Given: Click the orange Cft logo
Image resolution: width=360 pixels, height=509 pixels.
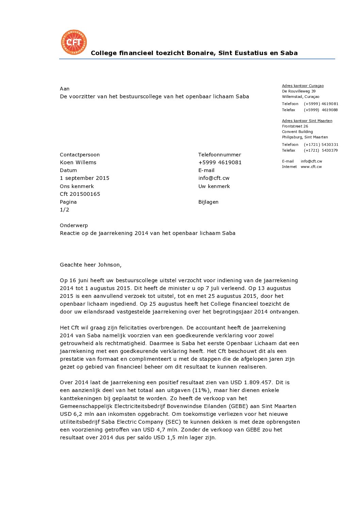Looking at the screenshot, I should click(x=74, y=42).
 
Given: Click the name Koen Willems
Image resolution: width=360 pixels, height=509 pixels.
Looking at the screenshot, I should click(x=78, y=163).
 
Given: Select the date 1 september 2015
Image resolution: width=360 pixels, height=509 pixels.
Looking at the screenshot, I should click(x=84, y=178).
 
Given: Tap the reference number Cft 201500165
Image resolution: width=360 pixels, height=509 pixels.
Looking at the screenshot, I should click(x=80, y=194).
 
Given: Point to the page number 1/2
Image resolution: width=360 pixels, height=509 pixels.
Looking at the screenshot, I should click(x=64, y=210).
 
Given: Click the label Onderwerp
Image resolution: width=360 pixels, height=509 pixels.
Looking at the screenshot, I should click(x=73, y=225).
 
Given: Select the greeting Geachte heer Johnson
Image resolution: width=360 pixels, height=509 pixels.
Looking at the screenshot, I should click(x=91, y=265).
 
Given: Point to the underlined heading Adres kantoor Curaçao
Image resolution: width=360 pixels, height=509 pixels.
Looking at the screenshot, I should click(x=302, y=86).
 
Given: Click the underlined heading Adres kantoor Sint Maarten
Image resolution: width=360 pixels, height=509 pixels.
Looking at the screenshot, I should click(x=307, y=121).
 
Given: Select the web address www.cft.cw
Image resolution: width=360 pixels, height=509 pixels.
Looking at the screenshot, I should click(x=311, y=167).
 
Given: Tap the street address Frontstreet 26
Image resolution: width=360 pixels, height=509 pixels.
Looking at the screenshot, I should click(x=295, y=126).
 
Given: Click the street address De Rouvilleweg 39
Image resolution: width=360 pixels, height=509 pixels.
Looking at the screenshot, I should click(x=298, y=91).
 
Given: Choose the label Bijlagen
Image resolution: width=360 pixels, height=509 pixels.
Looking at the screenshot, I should click(x=208, y=202).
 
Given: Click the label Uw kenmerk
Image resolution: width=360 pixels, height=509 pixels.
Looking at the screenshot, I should click(x=214, y=186).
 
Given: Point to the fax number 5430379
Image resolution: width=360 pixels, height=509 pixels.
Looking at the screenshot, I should click(x=329, y=150).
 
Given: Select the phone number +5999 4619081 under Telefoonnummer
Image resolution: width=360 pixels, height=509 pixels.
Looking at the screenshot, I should click(x=220, y=163).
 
